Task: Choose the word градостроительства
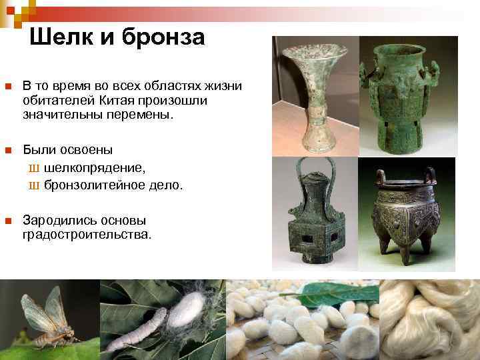(87, 235)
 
